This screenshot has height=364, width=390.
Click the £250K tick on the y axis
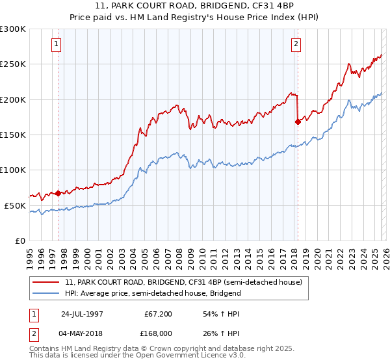(x=13, y=64)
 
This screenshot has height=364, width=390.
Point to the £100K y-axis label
(x=13, y=170)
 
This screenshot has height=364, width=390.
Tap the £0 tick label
(x=19, y=240)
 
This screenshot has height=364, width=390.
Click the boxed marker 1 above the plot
(x=57, y=44)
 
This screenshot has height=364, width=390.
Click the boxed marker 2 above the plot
(x=296, y=44)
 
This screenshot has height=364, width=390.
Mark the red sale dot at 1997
(x=58, y=193)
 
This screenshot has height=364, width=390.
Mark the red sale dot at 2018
(x=298, y=121)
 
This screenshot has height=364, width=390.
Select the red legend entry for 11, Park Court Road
(x=183, y=283)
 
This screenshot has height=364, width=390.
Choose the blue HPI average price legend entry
(x=153, y=293)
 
